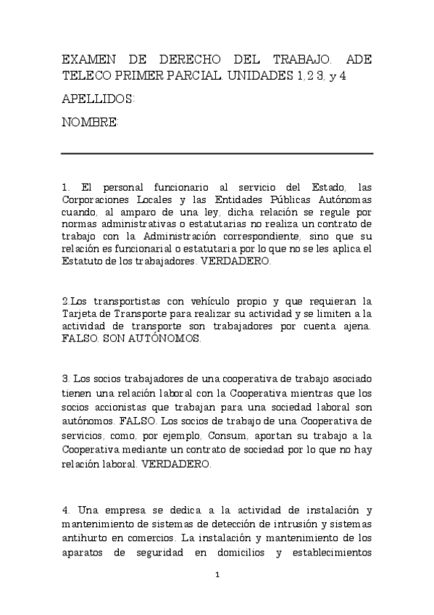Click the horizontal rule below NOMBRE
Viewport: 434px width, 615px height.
pos(217,154)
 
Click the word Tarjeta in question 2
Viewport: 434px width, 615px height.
pos(79,313)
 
